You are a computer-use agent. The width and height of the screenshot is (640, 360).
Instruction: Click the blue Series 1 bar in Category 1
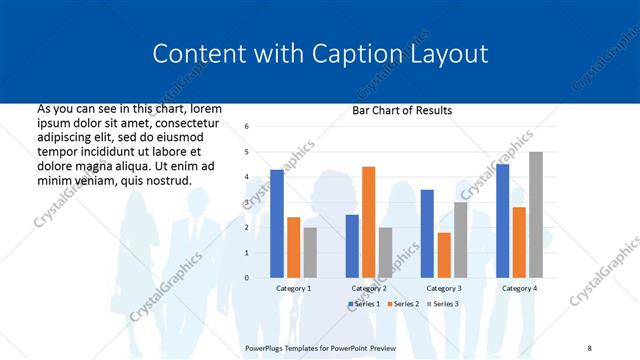pos(277,223)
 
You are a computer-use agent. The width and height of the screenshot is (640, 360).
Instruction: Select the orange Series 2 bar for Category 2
pos(368,222)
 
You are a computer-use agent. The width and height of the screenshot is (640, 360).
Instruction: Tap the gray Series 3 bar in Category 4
pos(535,214)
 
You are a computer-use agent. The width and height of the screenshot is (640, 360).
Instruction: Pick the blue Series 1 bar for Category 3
pos(427,233)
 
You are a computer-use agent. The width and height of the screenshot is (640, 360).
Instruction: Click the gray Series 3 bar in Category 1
pos(310,252)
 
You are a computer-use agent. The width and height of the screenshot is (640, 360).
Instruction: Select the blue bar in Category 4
pos(502,220)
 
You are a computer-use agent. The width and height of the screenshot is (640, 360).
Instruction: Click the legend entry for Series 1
pos(364,303)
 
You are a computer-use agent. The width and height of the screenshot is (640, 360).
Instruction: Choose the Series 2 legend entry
pos(402,303)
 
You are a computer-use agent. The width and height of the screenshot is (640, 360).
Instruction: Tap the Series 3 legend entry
pos(441,303)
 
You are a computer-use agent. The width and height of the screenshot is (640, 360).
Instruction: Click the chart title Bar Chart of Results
pos(402,110)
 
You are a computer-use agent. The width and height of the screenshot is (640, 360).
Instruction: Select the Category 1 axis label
pos(293,288)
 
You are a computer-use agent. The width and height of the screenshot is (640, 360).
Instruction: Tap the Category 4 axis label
pos(518,288)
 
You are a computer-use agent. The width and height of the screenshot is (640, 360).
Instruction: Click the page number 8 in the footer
pos(589,347)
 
